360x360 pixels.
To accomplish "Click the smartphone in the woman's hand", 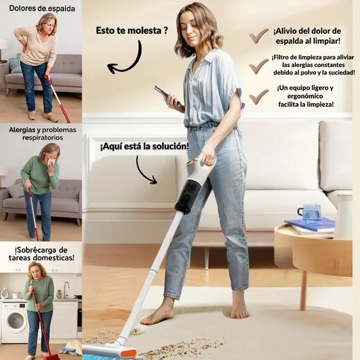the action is [x=167, y=95].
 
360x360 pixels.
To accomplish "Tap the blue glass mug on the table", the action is [x=309, y=212].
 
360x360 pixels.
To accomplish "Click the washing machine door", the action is [x=16, y=320].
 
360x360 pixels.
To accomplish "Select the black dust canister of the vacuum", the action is [x=186, y=197].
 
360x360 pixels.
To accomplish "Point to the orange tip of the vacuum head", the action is [x=128, y=353].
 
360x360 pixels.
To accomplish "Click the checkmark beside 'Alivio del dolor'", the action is [x=259, y=36].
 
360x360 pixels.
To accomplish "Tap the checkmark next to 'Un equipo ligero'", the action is [x=259, y=97].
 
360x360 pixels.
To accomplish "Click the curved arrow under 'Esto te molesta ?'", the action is [x=125, y=59].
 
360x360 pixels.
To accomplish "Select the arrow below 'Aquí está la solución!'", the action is [x=146, y=170].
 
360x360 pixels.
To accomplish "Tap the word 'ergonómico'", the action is [x=305, y=96].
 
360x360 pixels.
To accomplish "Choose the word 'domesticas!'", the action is [x=57, y=257].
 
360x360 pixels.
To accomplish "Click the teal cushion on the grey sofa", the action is [x=15, y=66].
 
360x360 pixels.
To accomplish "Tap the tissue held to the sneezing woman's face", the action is [x=51, y=162].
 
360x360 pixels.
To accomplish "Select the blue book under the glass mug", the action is [x=310, y=224].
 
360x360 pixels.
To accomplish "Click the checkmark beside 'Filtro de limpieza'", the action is [x=259, y=66].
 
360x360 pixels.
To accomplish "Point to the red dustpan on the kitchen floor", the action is [x=51, y=357].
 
